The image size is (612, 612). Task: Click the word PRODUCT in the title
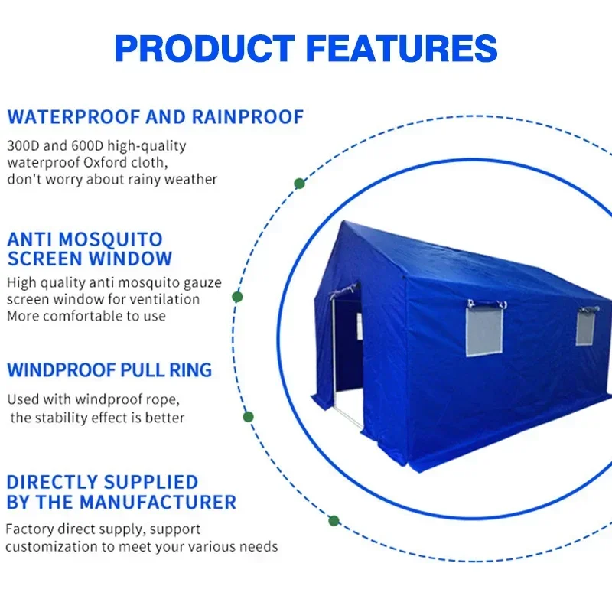coord(204,48)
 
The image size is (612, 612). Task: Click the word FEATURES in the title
coord(402,48)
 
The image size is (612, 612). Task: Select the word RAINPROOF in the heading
coord(248,117)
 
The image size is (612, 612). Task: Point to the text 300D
coord(24,145)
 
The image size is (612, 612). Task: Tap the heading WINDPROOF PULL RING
coord(109,370)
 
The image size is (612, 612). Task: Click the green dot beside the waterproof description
coord(299,184)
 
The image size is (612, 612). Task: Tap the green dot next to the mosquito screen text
coord(237,297)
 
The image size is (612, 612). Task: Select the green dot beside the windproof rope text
coord(248,417)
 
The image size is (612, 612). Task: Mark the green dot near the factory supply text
coord(334,521)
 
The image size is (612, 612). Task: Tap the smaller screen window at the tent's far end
coord(585,328)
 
